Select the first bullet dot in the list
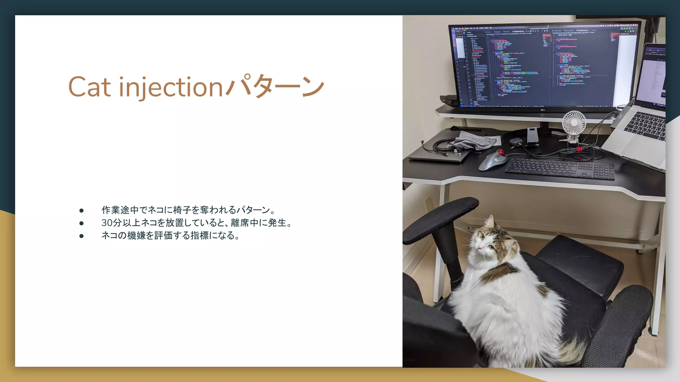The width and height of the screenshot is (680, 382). pyautogui.click(x=81, y=211)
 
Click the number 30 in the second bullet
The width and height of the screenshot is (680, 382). pyautogui.click(x=107, y=223)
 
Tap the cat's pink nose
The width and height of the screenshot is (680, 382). pyautogui.click(x=479, y=247)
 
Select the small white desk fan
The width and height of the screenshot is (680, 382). pyautogui.click(x=574, y=123)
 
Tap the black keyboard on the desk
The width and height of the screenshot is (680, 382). pyautogui.click(x=559, y=169)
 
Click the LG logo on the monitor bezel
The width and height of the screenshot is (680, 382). pyautogui.click(x=543, y=110)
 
